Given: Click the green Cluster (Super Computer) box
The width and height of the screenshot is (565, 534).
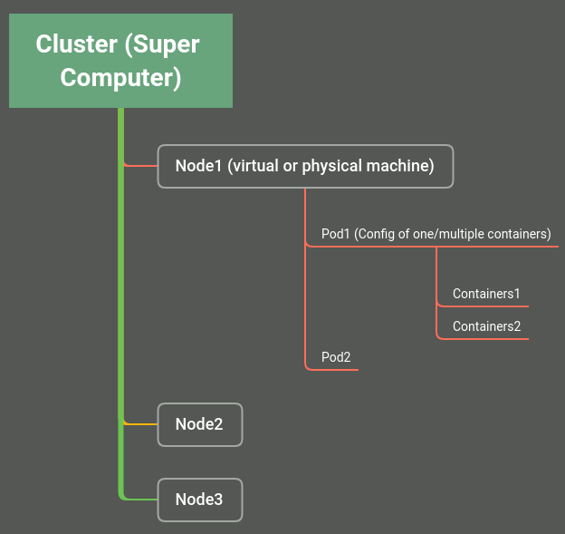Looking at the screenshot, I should [x=120, y=61].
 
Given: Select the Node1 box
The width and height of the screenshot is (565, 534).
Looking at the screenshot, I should [x=305, y=166].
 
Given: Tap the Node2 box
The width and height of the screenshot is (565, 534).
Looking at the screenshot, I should [x=199, y=424].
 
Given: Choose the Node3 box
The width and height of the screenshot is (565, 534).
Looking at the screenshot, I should [x=199, y=500].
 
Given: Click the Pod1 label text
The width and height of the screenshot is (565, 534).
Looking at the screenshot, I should [x=436, y=234].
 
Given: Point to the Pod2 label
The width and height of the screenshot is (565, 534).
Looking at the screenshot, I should [x=336, y=357].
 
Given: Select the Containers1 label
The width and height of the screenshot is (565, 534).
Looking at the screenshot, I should [x=486, y=294].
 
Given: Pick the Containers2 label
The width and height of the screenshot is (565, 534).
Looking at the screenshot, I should [x=486, y=326].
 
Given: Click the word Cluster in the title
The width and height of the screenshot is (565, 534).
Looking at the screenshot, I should [x=76, y=44].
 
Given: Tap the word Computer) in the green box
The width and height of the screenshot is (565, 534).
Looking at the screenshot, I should [x=120, y=78].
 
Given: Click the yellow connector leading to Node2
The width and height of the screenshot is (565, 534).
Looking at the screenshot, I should [x=140, y=424].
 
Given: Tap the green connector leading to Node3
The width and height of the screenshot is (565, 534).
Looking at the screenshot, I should [x=140, y=500].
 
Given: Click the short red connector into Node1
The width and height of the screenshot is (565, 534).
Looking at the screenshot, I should [x=140, y=166].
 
